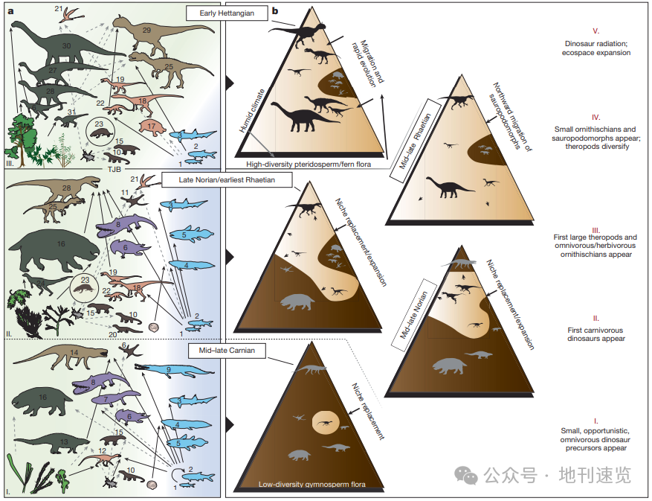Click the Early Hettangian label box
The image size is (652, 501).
point(227,13)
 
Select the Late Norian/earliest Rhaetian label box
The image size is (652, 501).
point(227,180)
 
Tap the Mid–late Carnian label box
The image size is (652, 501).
point(227,350)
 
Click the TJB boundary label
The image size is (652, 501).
point(114,169)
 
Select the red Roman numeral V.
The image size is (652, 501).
point(595,31)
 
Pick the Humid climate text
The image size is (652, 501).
point(252,111)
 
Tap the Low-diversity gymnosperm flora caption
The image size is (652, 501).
point(312,485)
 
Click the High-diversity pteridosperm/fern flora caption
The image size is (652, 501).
point(309,164)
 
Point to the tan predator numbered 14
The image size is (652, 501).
point(62,356)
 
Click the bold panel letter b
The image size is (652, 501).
point(274,11)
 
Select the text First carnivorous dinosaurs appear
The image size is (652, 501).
point(595,334)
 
